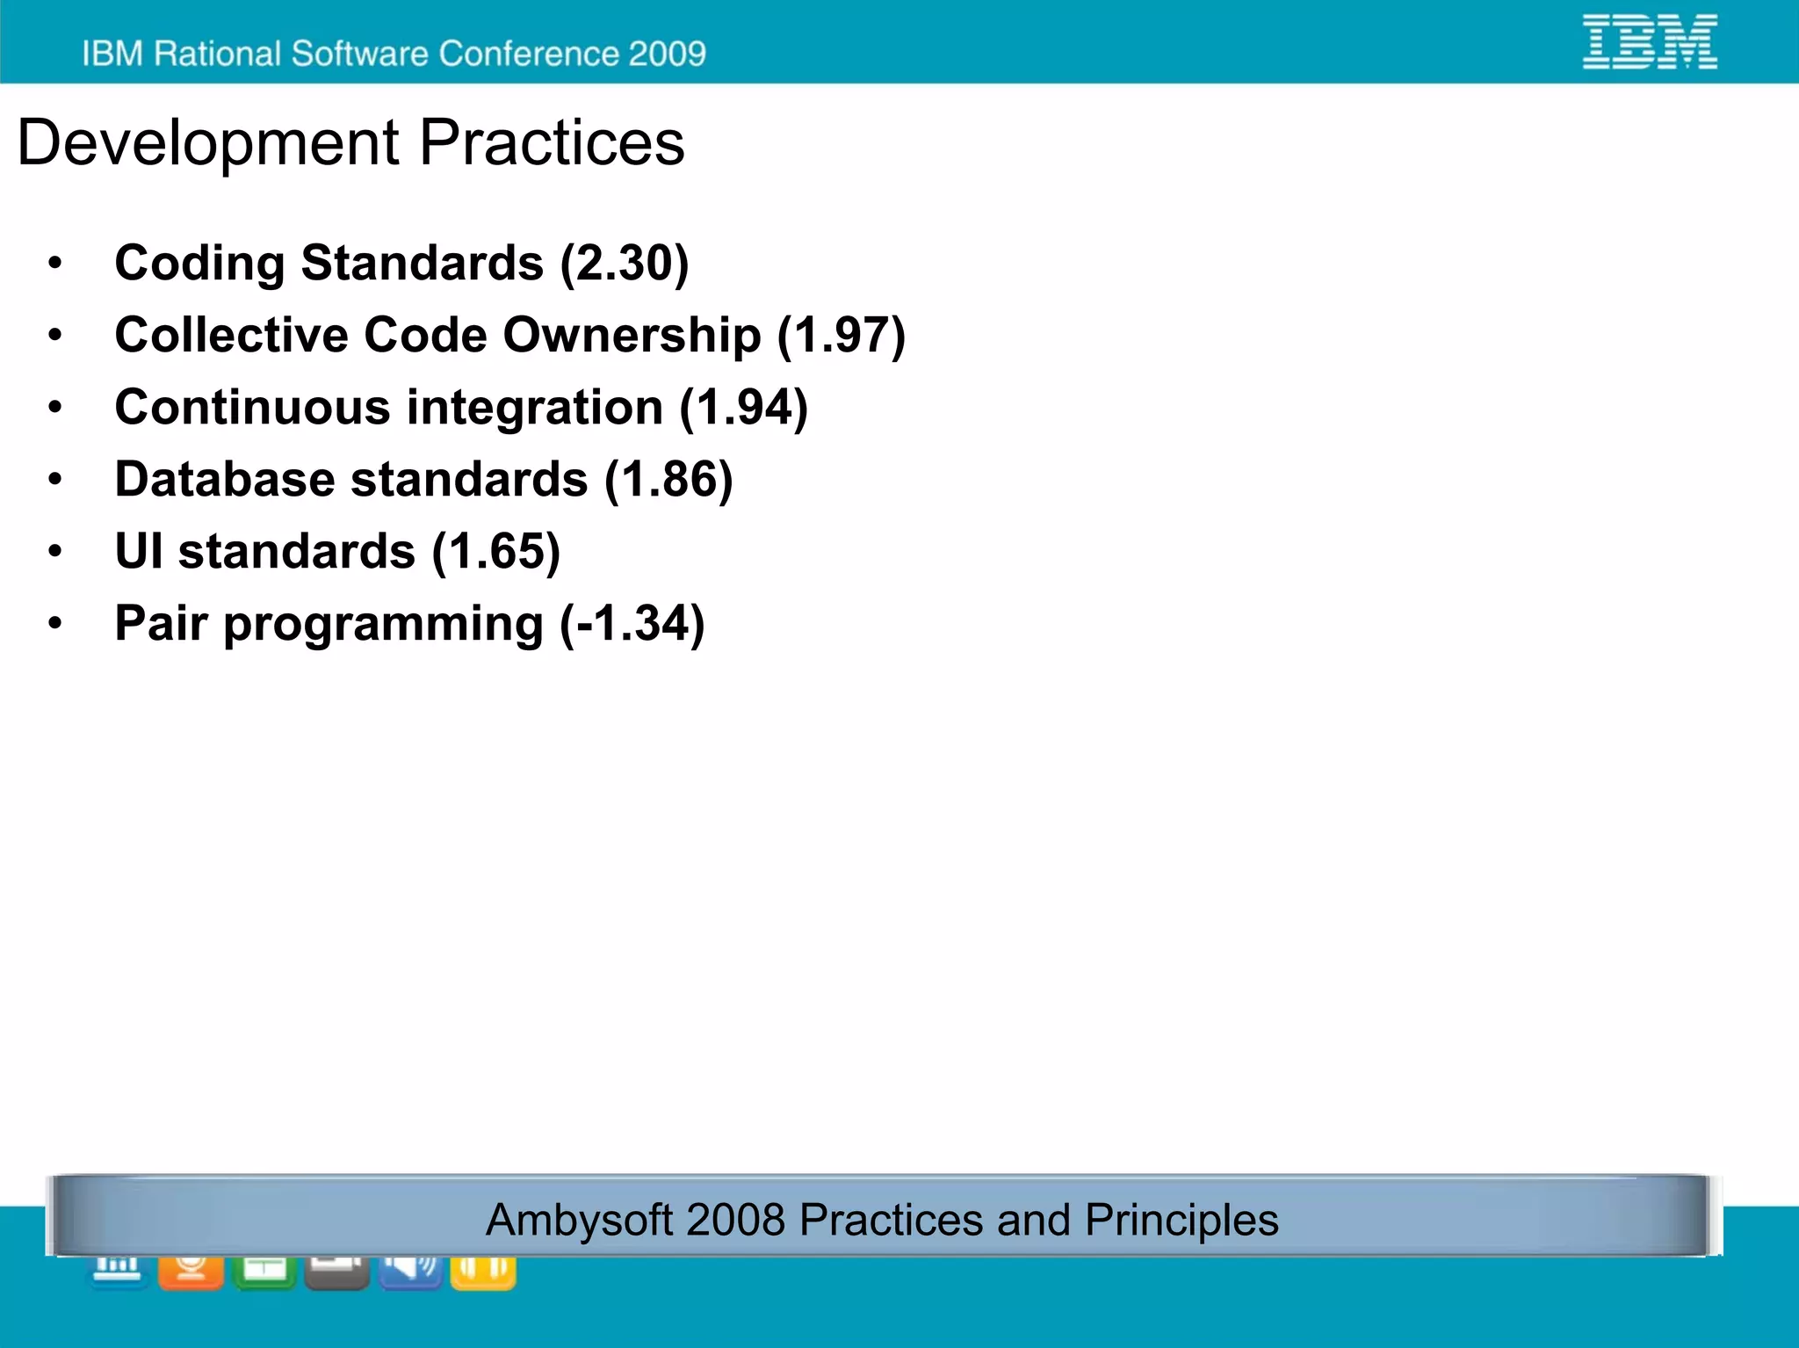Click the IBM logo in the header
(1649, 41)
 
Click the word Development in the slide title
(208, 143)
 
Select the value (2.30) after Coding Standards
(625, 263)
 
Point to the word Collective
(231, 335)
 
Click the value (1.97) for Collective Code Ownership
(841, 335)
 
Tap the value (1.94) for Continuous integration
(743, 407)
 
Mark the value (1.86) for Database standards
(668, 479)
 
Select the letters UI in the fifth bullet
(139, 551)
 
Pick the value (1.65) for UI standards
(495, 551)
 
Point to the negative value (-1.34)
(632, 623)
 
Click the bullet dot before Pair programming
(55, 623)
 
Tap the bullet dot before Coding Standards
(55, 263)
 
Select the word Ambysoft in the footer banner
(578, 1220)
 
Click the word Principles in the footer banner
(1181, 1220)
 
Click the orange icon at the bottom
(191, 1272)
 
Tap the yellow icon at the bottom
(482, 1272)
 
